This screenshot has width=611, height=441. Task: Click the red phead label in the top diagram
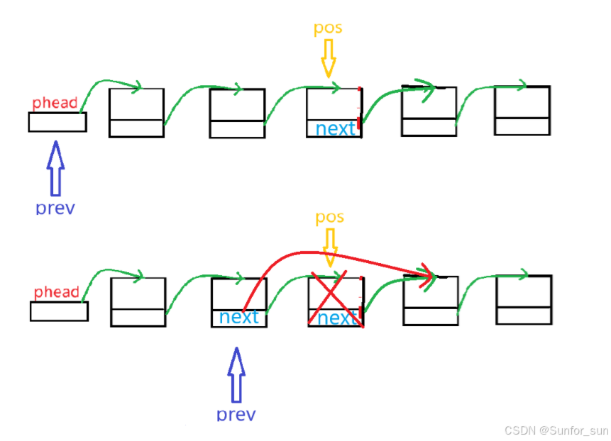[55, 104]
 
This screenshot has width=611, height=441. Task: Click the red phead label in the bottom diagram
[56, 292]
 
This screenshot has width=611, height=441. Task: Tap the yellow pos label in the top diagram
[328, 28]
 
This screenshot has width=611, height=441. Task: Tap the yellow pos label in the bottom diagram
[329, 216]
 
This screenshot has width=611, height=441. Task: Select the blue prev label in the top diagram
[55, 208]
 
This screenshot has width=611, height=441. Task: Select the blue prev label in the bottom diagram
[236, 414]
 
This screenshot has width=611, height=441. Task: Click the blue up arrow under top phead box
[55, 169]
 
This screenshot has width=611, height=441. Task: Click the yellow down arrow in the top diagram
[327, 58]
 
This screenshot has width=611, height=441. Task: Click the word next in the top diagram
[335, 129]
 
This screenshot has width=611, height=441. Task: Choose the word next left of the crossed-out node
[239, 317]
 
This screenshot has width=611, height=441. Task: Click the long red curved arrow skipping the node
[334, 254]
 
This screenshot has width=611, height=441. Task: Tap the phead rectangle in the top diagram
[57, 122]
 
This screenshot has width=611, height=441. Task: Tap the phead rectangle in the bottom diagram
[59, 311]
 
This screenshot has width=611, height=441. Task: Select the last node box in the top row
[522, 111]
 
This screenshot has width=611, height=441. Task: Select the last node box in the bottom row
[524, 301]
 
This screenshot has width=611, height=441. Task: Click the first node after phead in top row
[136, 112]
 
